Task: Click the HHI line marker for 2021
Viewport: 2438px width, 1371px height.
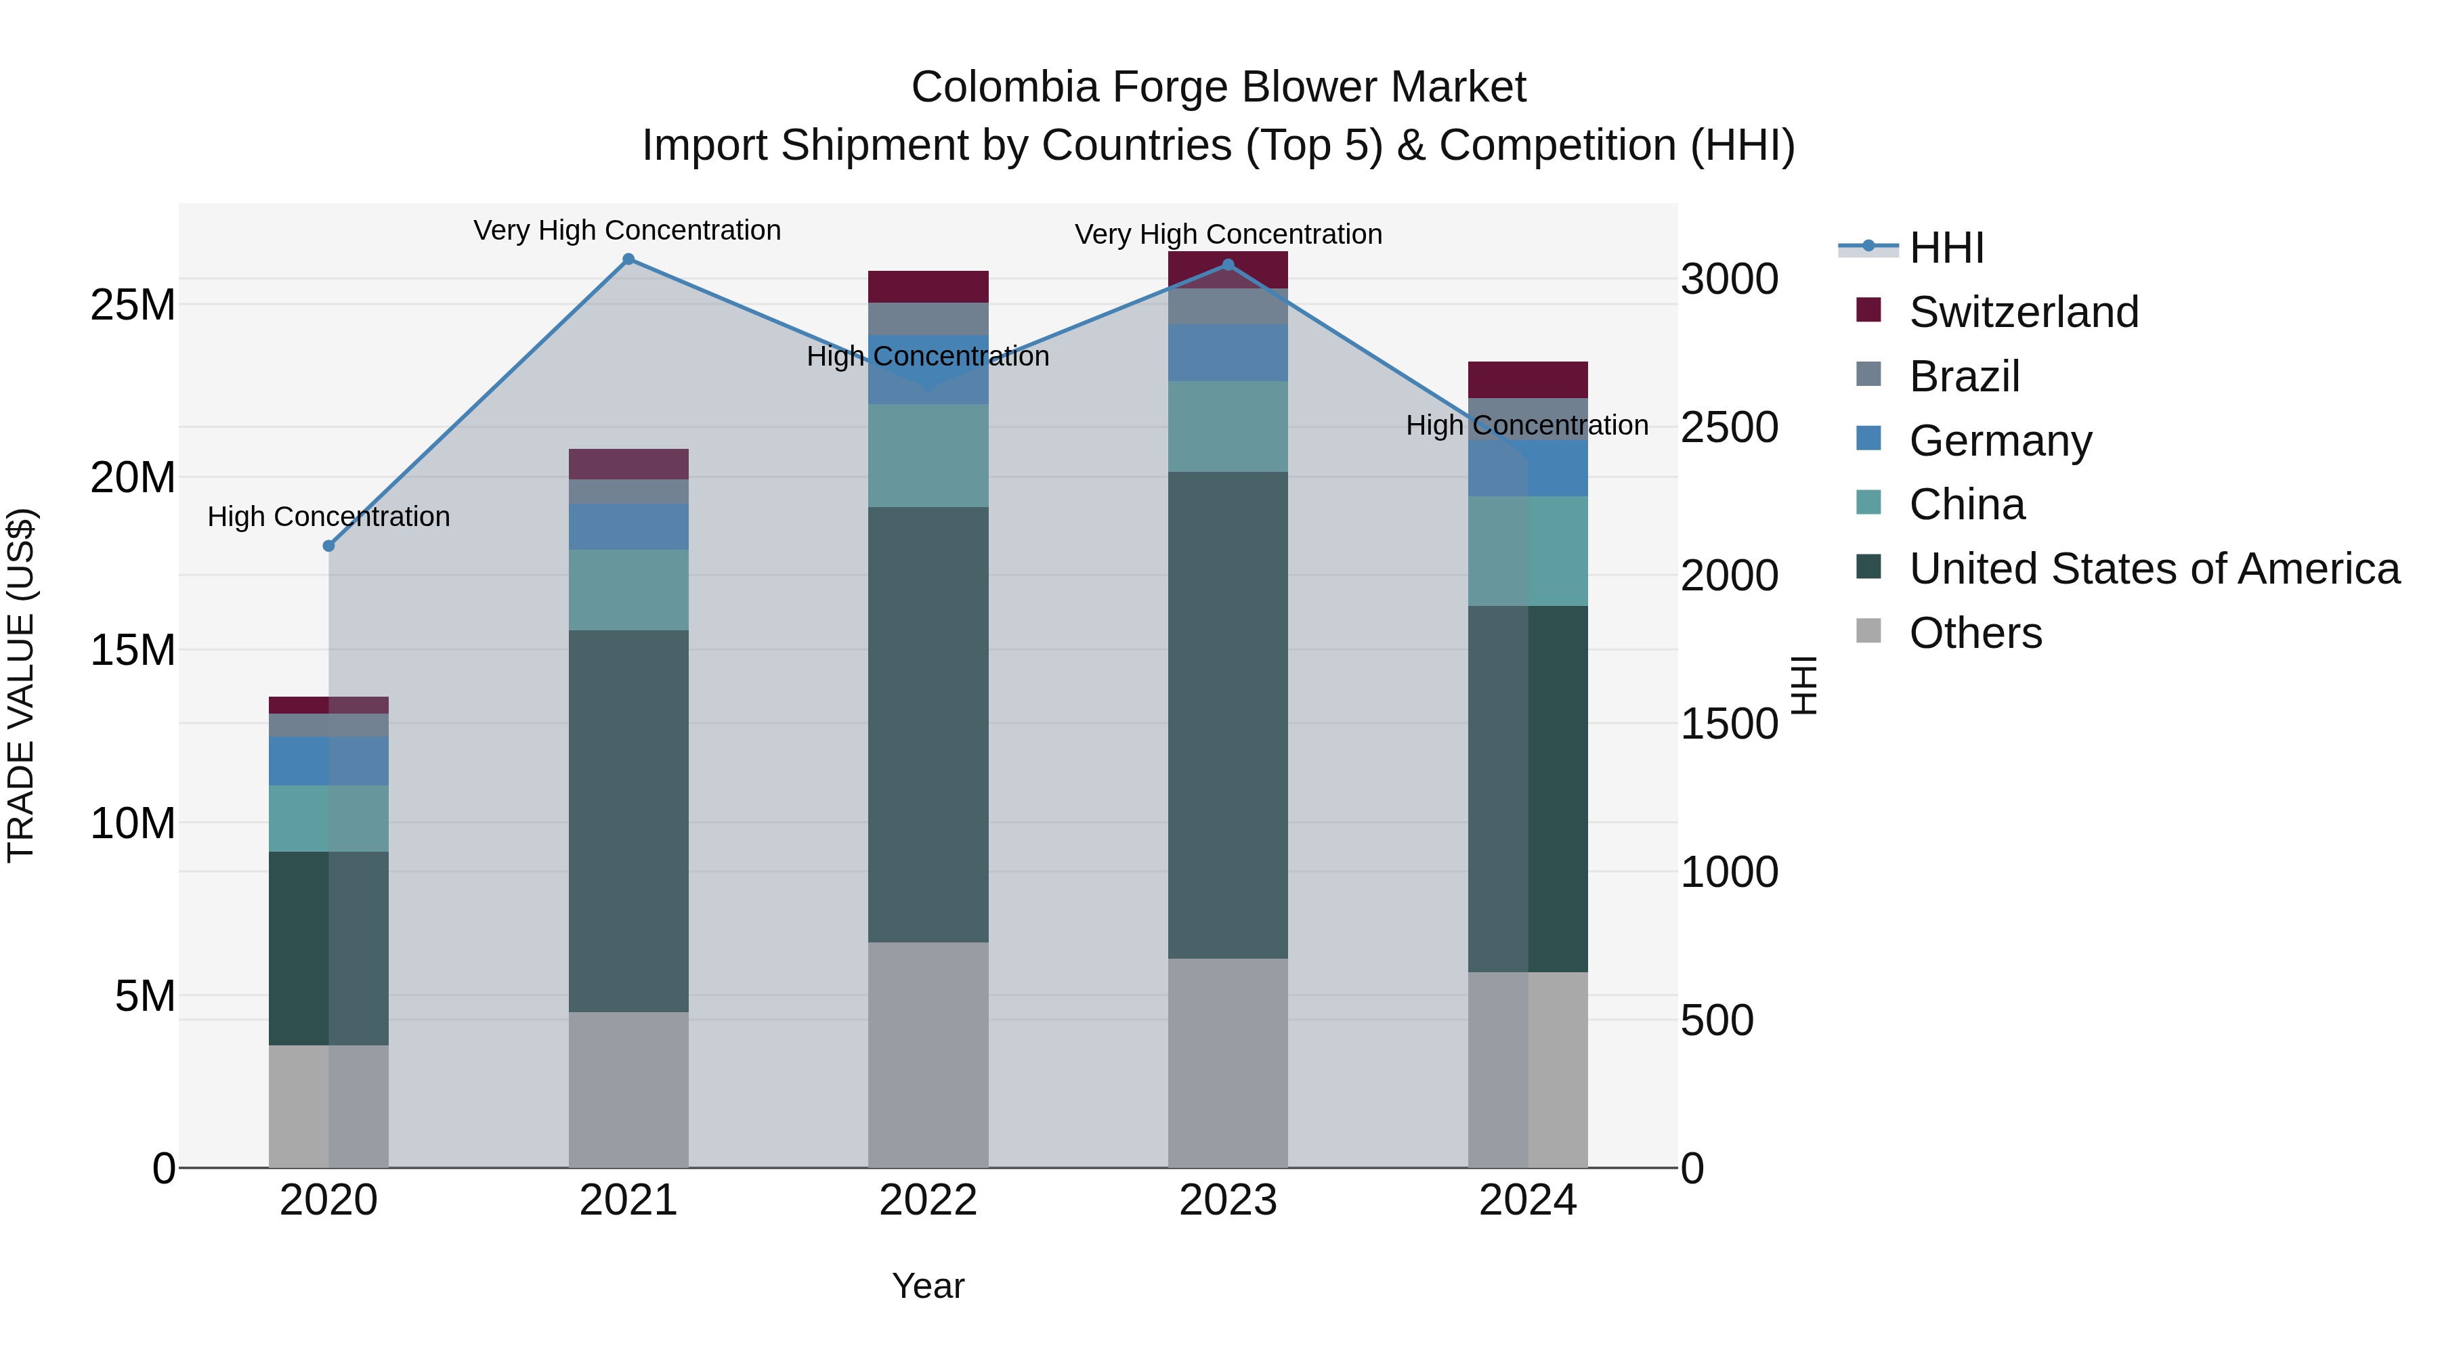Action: [628, 259]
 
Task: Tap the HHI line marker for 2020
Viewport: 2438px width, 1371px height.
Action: [328, 546]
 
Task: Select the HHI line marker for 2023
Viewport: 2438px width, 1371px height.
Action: [1228, 265]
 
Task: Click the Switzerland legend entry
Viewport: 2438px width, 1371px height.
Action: [2024, 312]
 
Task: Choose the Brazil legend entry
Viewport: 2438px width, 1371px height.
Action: [1964, 376]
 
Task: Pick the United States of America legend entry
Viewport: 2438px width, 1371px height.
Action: [2154, 569]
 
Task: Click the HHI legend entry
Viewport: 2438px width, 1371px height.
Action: [1946, 248]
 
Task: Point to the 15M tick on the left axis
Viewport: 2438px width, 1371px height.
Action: [133, 650]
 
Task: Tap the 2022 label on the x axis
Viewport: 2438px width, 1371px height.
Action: [928, 1200]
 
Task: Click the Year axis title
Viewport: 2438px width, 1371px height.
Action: [928, 1286]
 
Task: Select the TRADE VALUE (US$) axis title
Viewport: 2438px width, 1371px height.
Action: [21, 685]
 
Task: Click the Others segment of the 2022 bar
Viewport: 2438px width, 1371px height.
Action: [928, 1055]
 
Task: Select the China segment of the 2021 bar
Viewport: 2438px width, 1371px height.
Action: [628, 590]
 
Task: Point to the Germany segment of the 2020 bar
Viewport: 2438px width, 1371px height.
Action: [328, 761]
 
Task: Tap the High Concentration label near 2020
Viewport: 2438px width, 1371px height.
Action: [328, 517]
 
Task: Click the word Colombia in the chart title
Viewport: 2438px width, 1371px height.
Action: [1004, 87]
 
